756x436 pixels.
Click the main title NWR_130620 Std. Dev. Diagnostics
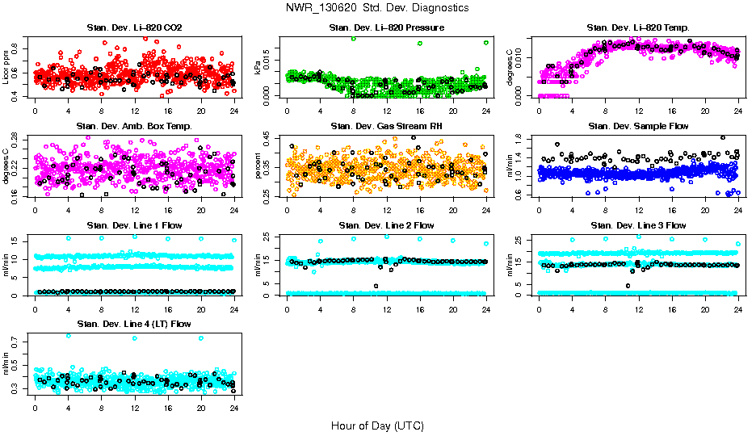(377, 7)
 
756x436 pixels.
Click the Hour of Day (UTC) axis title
(377, 425)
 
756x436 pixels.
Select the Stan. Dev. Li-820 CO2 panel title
(134, 27)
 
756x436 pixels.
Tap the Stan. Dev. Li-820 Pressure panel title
(387, 27)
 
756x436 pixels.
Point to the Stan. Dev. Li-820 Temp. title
(638, 27)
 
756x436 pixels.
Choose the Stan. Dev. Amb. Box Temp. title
(134, 126)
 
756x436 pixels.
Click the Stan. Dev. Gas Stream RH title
(387, 126)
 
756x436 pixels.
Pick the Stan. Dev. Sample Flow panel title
(638, 126)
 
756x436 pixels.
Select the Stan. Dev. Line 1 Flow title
(134, 225)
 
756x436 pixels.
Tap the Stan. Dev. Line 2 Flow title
(387, 225)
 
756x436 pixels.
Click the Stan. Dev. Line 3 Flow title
(638, 225)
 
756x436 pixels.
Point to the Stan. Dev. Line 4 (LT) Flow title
(134, 324)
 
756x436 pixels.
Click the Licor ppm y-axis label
(7, 67)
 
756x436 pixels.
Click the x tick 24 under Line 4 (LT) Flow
(234, 407)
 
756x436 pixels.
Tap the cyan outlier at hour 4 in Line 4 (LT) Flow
(68, 336)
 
